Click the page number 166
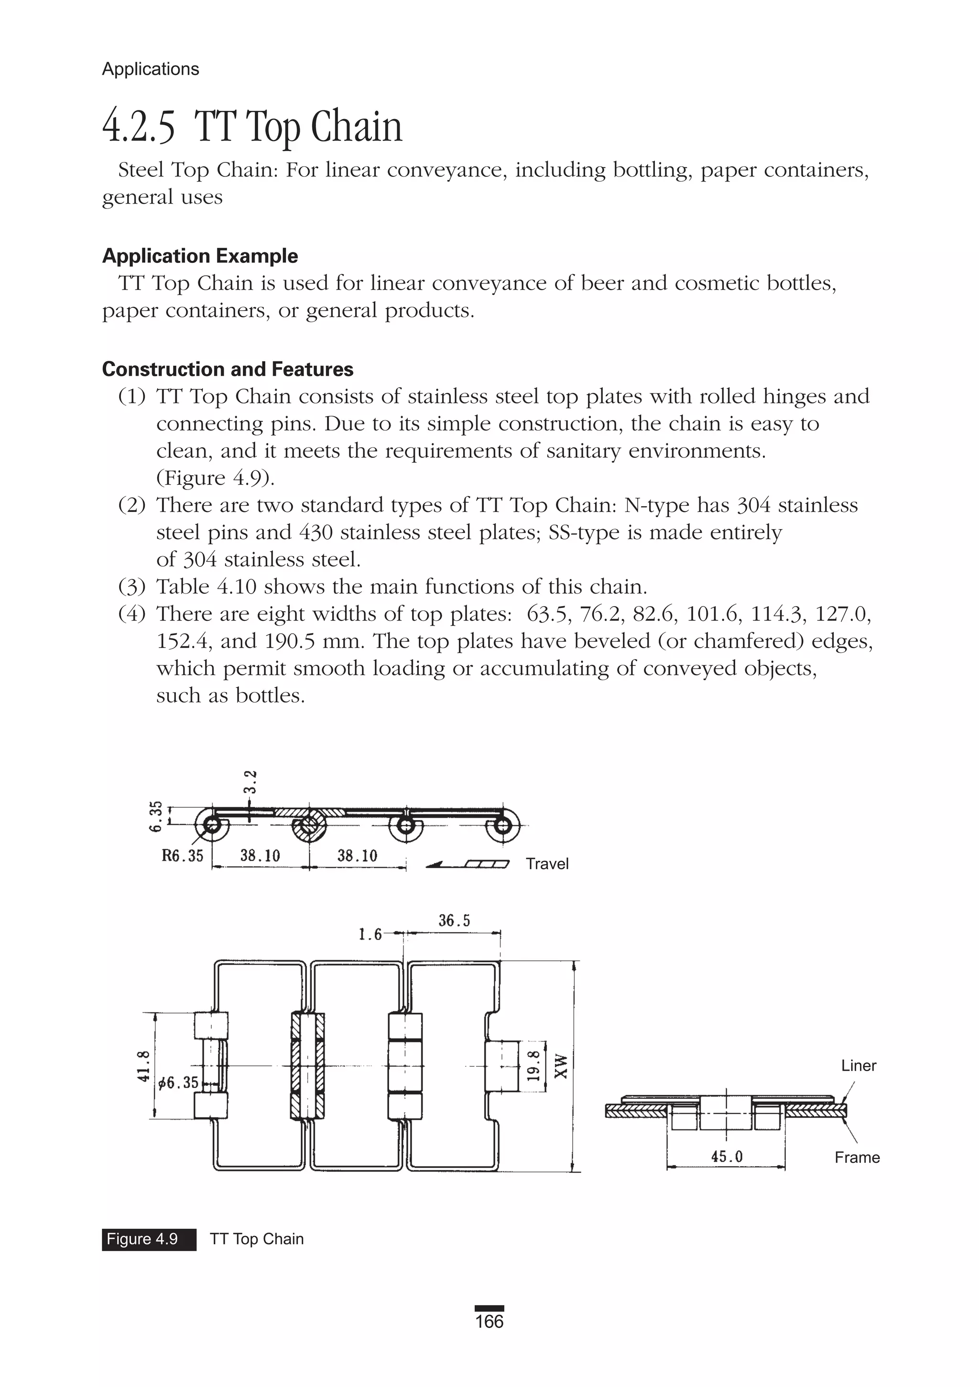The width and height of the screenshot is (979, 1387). coord(489,1321)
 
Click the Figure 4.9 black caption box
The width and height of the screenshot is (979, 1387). coord(149,1239)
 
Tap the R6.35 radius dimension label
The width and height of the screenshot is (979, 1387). coord(183,856)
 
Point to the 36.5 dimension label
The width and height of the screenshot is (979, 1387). coord(454,921)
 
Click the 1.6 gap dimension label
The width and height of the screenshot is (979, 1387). coord(370,934)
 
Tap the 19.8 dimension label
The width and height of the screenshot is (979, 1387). coord(533,1066)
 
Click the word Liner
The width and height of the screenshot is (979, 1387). coord(858,1066)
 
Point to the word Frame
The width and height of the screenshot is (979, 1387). coord(857,1158)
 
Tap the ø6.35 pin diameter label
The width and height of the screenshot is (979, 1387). coord(178,1083)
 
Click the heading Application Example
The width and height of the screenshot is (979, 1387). coord(200,256)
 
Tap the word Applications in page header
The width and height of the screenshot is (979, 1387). coord(151,69)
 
